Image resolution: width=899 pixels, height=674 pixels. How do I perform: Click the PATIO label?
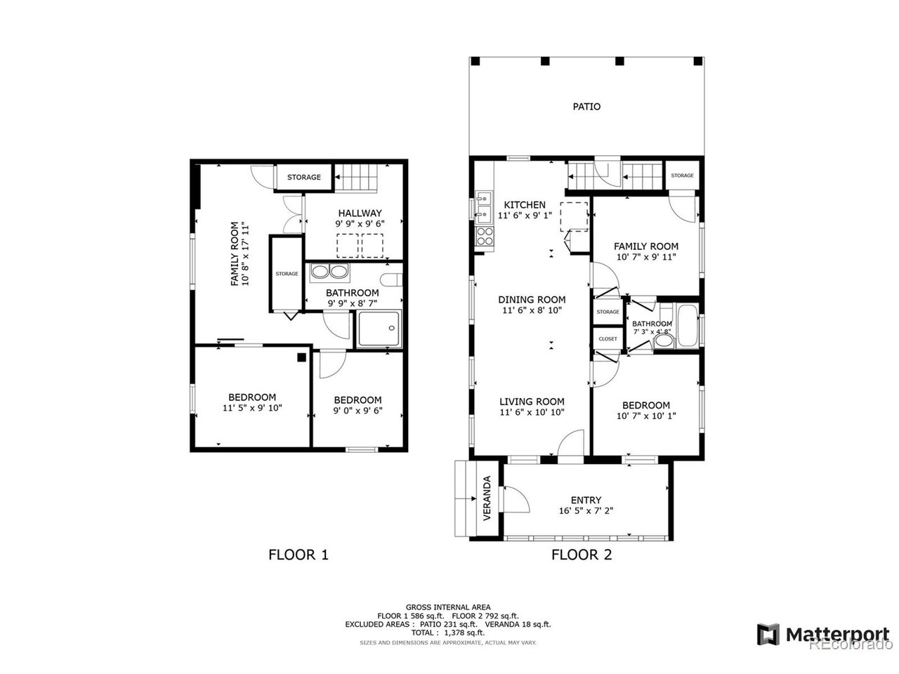586,107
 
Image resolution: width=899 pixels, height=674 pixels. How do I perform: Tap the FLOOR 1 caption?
298,555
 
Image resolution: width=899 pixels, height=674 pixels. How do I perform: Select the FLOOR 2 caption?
581,555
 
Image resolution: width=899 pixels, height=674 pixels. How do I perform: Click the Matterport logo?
823,635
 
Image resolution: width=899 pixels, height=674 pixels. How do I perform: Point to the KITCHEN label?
524,204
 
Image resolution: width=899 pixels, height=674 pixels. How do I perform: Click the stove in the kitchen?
484,237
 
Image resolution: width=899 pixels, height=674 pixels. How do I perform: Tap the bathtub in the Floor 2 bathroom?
688,326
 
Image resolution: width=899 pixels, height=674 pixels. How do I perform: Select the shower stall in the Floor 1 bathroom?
379,329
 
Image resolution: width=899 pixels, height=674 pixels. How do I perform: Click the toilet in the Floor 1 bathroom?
391,280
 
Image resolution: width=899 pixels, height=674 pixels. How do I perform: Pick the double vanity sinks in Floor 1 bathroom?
329,272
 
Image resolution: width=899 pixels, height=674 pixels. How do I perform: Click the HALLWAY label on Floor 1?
360,213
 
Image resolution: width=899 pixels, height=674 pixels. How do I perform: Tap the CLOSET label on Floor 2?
608,339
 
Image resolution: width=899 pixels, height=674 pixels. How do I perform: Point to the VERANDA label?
487,498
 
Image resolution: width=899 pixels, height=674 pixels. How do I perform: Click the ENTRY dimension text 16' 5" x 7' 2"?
586,510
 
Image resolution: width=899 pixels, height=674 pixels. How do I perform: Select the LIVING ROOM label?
532,402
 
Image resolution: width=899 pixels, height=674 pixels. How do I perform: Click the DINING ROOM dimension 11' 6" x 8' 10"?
532,310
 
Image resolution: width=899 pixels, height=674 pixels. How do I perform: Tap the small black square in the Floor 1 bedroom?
301,357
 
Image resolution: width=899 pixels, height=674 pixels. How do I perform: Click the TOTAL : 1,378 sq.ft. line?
447,633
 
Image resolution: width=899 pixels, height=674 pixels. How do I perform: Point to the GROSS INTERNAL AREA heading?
447,607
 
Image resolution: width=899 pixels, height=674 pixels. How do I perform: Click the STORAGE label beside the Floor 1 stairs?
303,177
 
